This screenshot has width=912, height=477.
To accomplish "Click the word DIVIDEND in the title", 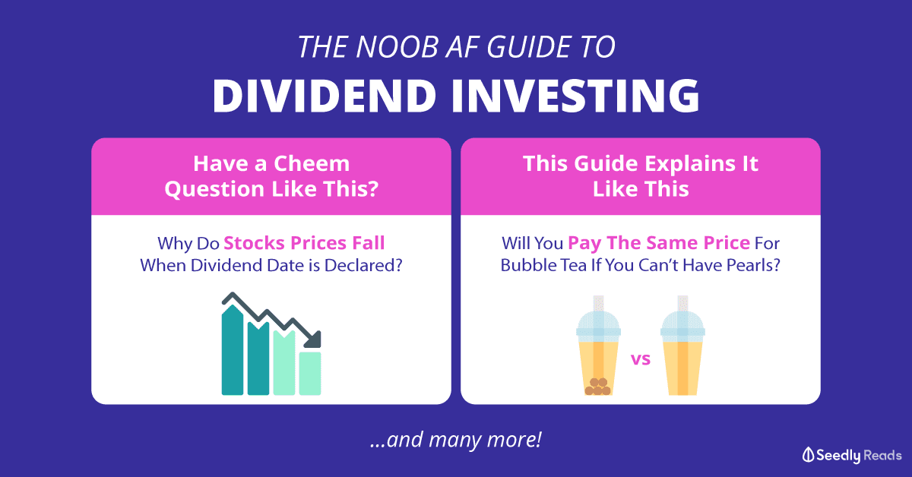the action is pyautogui.click(x=325, y=96).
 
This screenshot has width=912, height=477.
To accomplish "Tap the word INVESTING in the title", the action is pyautogui.click(x=575, y=96).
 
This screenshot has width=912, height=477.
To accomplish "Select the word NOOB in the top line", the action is pyautogui.click(x=397, y=47).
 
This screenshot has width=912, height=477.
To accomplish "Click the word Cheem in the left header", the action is pyautogui.click(x=312, y=163).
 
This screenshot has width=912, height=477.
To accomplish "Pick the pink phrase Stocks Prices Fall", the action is pyautogui.click(x=304, y=243).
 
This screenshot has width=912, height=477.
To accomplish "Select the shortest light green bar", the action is pyautogui.click(x=310, y=373).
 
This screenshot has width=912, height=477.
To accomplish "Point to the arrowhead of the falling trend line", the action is pyautogui.click(x=313, y=340).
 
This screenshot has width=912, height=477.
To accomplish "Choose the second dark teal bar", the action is pyautogui.click(x=258, y=359).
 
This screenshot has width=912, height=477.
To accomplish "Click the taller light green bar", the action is pyautogui.click(x=284, y=362).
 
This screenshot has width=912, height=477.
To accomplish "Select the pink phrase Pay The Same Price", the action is pyautogui.click(x=659, y=243).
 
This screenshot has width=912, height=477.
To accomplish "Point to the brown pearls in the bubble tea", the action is pyautogui.click(x=597, y=387).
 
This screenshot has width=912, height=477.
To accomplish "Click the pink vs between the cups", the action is pyautogui.click(x=641, y=359).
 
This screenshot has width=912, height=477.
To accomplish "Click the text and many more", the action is pyautogui.click(x=456, y=440).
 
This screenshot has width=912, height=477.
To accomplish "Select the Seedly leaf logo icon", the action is pyautogui.click(x=808, y=455).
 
